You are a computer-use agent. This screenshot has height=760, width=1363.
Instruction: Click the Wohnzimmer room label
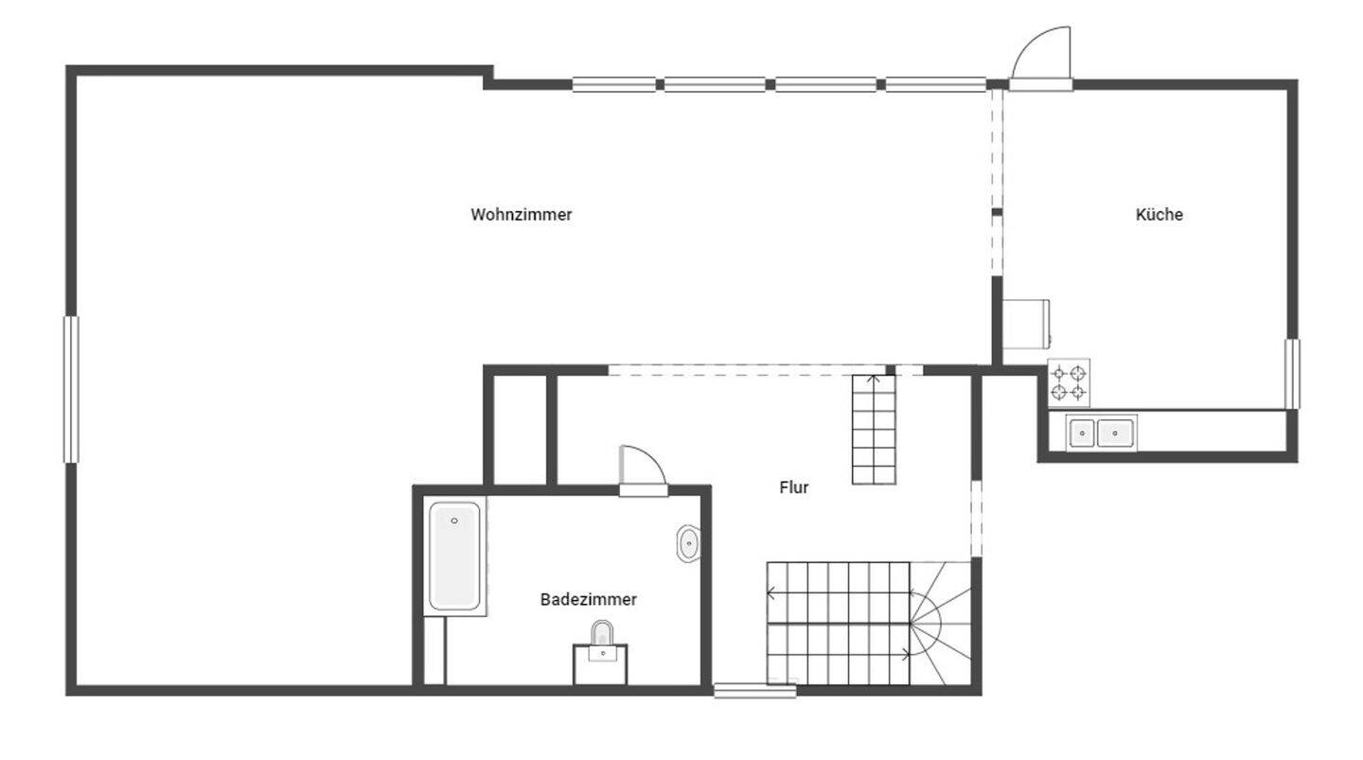pyautogui.click(x=522, y=215)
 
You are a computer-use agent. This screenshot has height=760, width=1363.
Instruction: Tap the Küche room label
pyautogui.click(x=1159, y=215)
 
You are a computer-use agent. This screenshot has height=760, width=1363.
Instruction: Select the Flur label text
pyautogui.click(x=794, y=487)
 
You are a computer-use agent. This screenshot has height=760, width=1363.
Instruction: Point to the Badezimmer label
pyautogui.click(x=588, y=599)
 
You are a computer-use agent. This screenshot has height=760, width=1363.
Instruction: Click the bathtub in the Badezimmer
pyautogui.click(x=454, y=556)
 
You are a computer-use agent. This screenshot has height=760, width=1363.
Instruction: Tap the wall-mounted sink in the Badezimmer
pyautogui.click(x=689, y=544)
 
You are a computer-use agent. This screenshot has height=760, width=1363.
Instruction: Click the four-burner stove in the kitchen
pyautogui.click(x=1069, y=382)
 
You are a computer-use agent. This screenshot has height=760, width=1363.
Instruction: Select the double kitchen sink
pyautogui.click(x=1102, y=433)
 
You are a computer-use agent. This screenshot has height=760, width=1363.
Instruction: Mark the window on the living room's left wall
pyautogui.click(x=71, y=389)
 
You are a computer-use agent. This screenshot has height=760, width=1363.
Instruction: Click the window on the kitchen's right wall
pyautogui.click(x=1292, y=373)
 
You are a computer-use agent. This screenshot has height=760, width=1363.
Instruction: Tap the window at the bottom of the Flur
pyautogui.click(x=754, y=691)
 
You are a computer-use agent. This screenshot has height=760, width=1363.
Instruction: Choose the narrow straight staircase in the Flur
pyautogui.click(x=874, y=430)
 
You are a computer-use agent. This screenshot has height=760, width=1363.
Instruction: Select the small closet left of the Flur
pyautogui.click(x=520, y=430)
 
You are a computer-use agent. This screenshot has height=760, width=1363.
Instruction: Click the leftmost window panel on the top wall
pyautogui.click(x=613, y=84)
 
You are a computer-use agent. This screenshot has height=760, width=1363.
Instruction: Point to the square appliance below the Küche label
pyautogui.click(x=1027, y=323)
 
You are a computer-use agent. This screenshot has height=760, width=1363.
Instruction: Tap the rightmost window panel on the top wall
pyautogui.click(x=935, y=84)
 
